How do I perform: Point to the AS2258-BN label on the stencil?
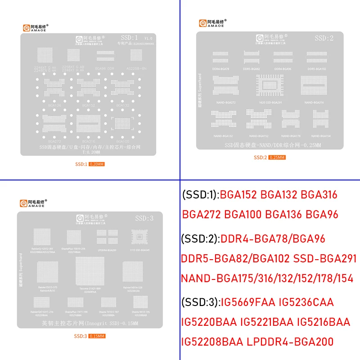(x=137, y=68)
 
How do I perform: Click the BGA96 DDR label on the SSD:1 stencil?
(x=105, y=68)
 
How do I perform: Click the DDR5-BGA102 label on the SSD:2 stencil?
(x=316, y=69)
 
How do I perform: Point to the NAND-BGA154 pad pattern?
(x=320, y=120)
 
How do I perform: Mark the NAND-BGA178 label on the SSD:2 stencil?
(x=291, y=135)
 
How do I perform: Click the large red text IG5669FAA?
(x=247, y=302)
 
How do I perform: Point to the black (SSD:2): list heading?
(x=200, y=238)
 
